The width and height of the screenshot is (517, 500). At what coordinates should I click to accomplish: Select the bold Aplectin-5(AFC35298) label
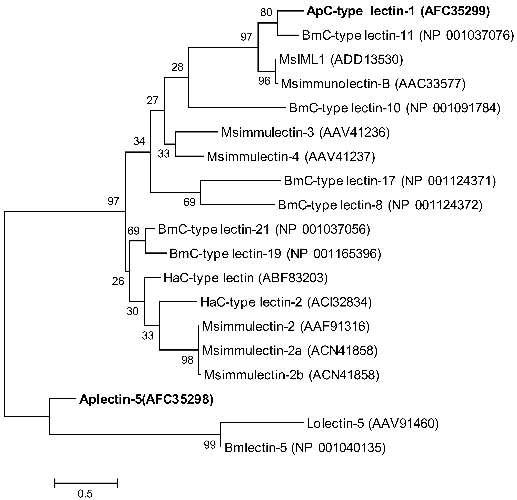(146, 400)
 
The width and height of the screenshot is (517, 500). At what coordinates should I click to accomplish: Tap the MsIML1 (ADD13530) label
(341, 60)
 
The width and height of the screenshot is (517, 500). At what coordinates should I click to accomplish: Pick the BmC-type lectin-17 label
(390, 181)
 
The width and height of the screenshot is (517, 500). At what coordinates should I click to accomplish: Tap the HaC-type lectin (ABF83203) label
(245, 278)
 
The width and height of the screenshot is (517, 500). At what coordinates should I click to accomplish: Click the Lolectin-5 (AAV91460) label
(372, 424)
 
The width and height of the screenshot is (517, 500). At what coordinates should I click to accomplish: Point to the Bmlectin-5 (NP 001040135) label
(305, 448)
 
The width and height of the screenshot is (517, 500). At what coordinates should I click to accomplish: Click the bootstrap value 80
(266, 12)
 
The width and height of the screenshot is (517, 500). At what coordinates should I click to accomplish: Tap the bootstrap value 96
(264, 81)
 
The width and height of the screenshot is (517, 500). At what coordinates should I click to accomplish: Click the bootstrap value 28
(177, 67)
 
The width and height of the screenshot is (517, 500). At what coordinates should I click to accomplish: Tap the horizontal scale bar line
(86, 483)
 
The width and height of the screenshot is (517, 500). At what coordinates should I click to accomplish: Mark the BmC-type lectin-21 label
(264, 229)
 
